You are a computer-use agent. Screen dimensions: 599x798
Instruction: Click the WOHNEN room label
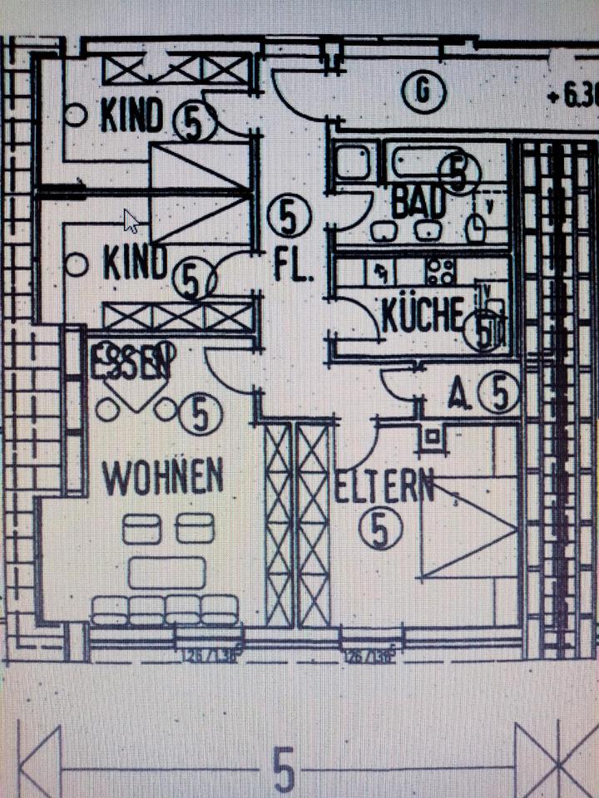coord(162,476)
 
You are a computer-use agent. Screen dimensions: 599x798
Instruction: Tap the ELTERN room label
coord(384,486)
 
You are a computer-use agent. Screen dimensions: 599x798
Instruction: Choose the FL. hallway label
coord(294,268)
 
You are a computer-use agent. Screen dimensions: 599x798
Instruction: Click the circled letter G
coord(423,91)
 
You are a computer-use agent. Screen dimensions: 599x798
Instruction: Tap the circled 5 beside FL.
coord(289,217)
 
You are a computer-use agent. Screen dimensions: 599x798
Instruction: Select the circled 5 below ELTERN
coord(379,530)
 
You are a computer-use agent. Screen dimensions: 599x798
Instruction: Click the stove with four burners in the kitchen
coord(440,270)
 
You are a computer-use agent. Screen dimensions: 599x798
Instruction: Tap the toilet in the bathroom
coord(477,226)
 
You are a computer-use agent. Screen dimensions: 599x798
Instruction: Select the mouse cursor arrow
coord(131,220)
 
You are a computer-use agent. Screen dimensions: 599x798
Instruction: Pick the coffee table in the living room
coord(167,573)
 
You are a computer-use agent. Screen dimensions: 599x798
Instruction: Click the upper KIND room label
coord(131,116)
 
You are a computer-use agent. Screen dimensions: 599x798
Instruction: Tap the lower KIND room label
coord(135,264)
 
